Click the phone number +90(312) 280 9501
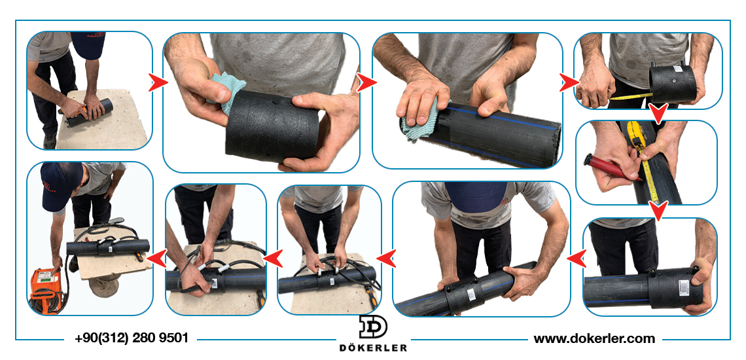click(x=132, y=338)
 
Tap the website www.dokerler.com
click(x=594, y=338)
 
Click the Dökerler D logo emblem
click(x=373, y=327)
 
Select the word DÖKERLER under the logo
click(x=373, y=348)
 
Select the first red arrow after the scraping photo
click(x=158, y=83)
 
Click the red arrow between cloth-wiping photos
click(x=366, y=82)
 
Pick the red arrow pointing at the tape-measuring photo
click(x=569, y=82)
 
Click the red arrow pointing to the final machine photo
click(x=156, y=258)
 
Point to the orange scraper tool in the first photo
click(x=79, y=112)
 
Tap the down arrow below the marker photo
click(x=658, y=211)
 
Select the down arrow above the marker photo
click(x=658, y=114)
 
